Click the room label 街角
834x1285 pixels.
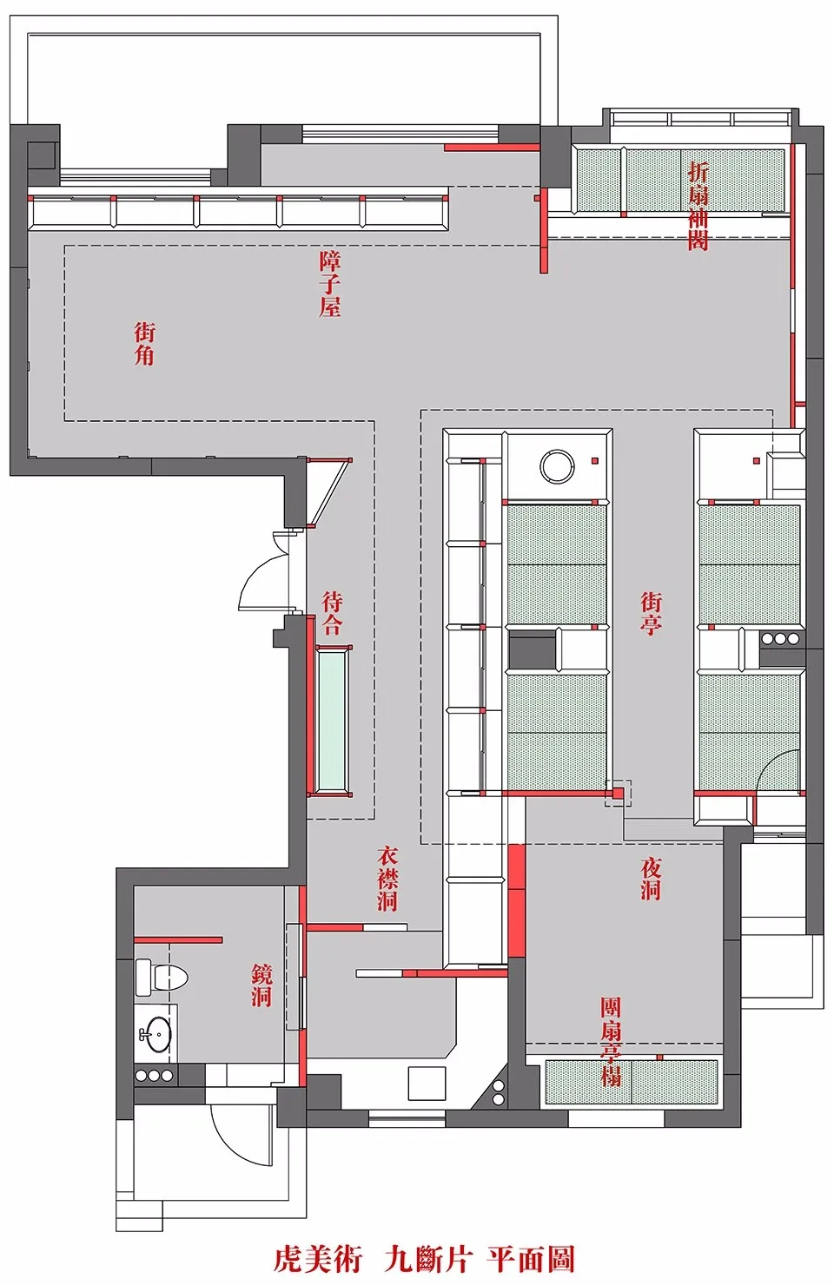point(144,344)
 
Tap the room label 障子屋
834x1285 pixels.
point(330,285)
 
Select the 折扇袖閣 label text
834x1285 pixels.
point(698,207)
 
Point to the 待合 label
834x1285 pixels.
point(333,614)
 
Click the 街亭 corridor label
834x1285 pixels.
point(651,614)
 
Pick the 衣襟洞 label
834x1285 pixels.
point(387,880)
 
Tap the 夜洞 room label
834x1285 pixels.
point(651,880)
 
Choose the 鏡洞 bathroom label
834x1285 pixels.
point(261,985)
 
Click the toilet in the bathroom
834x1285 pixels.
point(162,975)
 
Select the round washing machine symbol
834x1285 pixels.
point(557,465)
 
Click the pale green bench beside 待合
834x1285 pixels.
point(333,722)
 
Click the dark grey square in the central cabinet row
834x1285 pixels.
point(532,650)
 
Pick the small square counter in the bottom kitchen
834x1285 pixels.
point(427,1083)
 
